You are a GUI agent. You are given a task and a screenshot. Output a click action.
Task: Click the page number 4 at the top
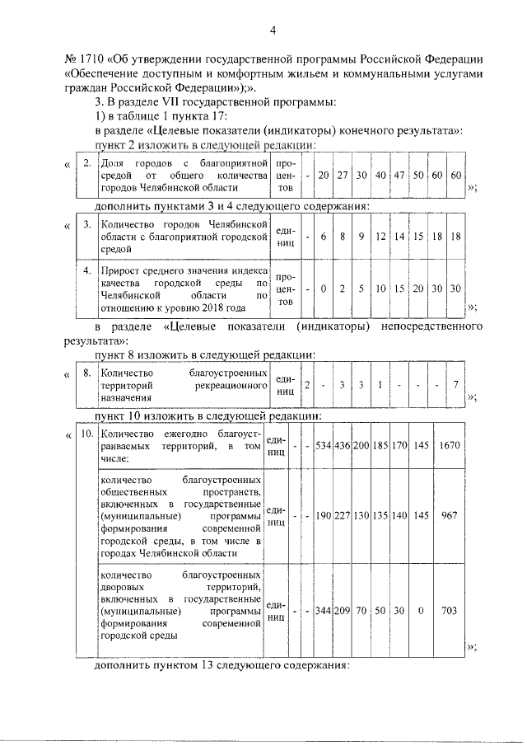273,31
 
